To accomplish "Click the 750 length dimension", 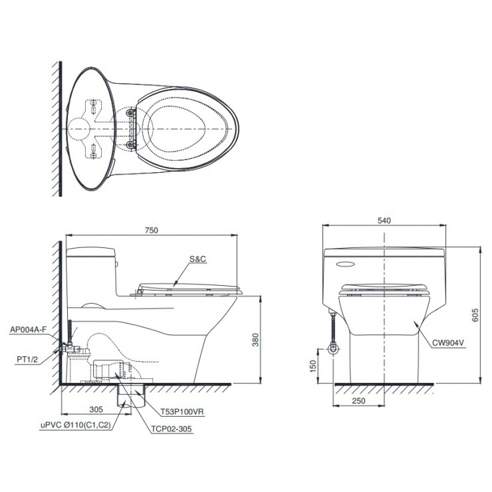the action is (x=151, y=230).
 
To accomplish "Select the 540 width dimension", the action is (x=384, y=221).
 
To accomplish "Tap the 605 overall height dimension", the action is (x=475, y=315).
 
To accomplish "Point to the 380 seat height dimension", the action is (x=256, y=340).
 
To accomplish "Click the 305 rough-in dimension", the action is (x=96, y=409).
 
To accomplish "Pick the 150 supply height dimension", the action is (x=313, y=366).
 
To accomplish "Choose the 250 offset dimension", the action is (x=358, y=401).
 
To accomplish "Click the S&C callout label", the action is (x=197, y=259).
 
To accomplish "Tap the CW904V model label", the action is (x=448, y=342).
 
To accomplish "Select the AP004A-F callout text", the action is (x=28, y=330).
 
